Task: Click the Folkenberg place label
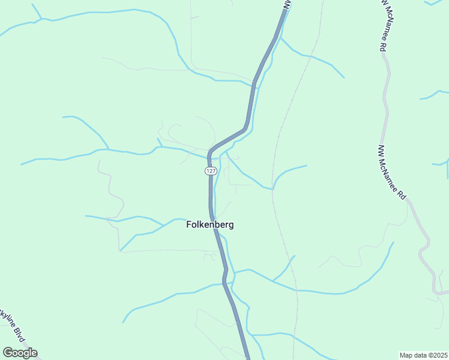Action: point(209,225)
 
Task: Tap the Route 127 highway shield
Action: point(210,171)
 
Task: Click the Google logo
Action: point(20,353)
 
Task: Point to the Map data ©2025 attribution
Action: point(423,355)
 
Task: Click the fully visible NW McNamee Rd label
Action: point(393,173)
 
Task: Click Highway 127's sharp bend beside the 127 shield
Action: point(211,152)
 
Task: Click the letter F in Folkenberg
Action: point(188,225)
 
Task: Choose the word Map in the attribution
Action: point(406,355)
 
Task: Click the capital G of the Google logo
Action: point(8,353)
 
